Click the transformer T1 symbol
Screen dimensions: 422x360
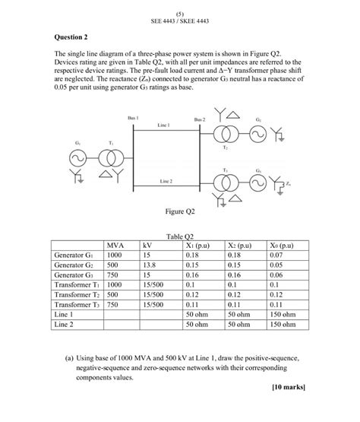(x=110, y=158)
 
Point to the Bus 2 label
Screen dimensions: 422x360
(x=199, y=120)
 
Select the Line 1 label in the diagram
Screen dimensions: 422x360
(x=163, y=124)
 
